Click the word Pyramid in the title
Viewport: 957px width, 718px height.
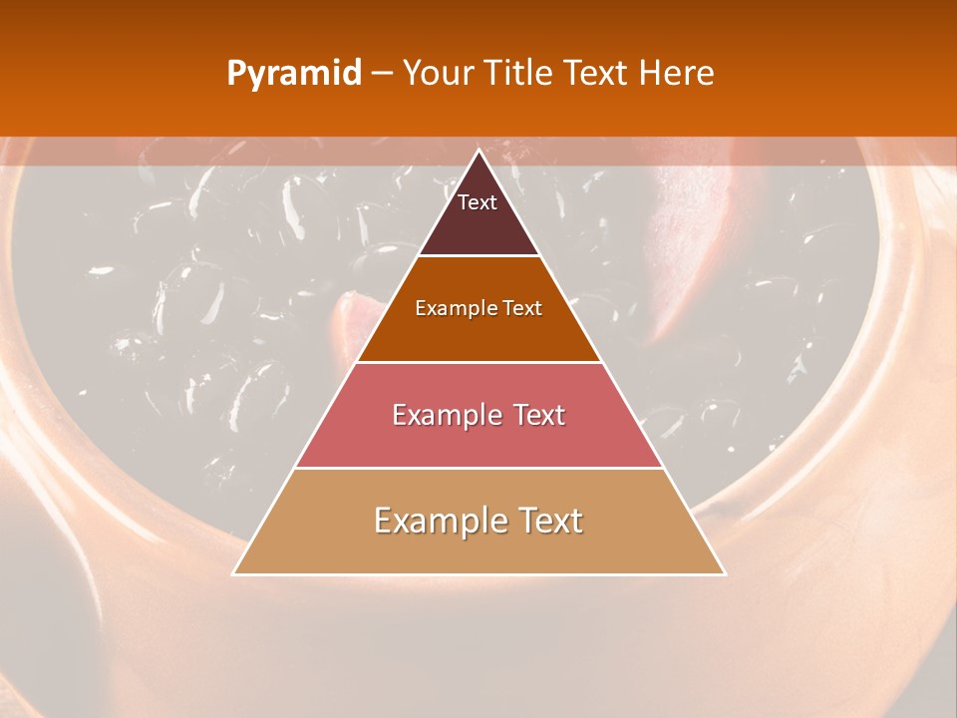pyautogui.click(x=294, y=74)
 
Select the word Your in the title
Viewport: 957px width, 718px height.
pyautogui.click(x=438, y=74)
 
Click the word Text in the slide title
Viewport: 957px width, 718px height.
pyautogui.click(x=598, y=74)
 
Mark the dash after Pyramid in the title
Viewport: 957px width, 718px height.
pyautogui.click(x=381, y=74)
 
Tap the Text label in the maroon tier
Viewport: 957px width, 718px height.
pyautogui.click(x=478, y=202)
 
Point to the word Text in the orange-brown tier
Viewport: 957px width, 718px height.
pyautogui.click(x=522, y=308)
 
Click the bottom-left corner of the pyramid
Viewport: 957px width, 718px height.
pyautogui.click(x=234, y=573)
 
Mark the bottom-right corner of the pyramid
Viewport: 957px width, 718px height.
pyautogui.click(x=724, y=573)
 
